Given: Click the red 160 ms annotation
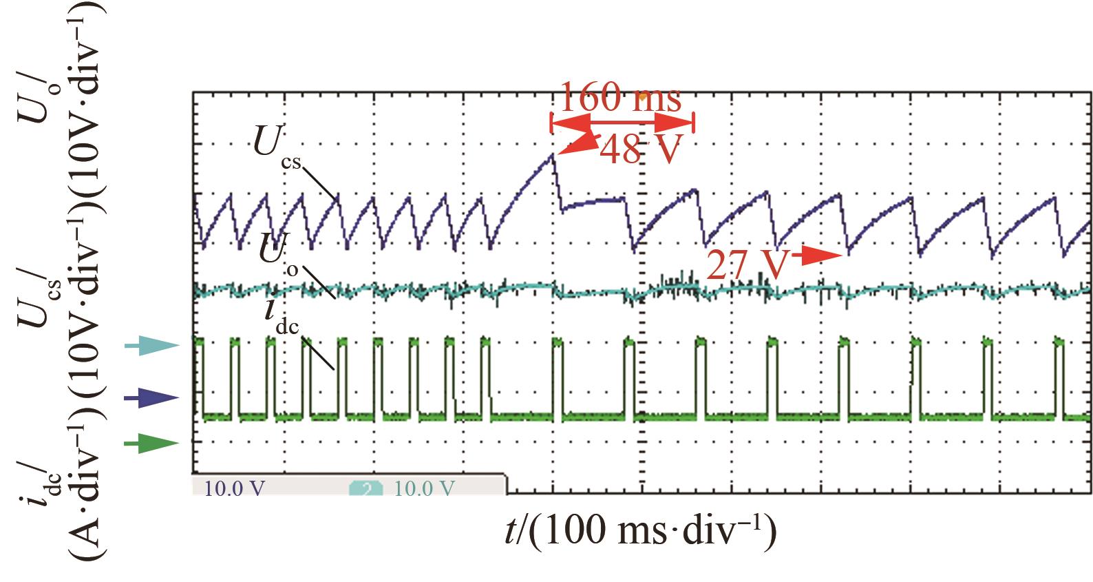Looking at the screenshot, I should click(x=620, y=98).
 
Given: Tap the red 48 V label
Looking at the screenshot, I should click(x=640, y=149).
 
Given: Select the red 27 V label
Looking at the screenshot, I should click(x=746, y=265).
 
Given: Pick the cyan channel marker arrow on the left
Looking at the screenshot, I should click(x=151, y=346).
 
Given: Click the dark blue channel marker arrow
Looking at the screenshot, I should click(x=151, y=397).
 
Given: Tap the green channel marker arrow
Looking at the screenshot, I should click(x=151, y=444).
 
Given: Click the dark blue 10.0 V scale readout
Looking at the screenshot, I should click(x=235, y=488).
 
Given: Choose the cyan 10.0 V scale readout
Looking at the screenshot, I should click(x=424, y=488).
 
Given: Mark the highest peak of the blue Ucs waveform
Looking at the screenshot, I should click(x=552, y=155).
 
